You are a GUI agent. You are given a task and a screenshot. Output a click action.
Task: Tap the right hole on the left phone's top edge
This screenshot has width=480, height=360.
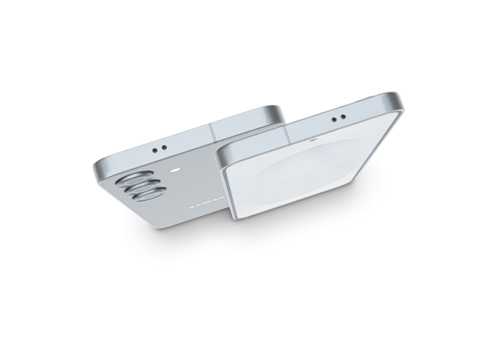click(163, 145)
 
